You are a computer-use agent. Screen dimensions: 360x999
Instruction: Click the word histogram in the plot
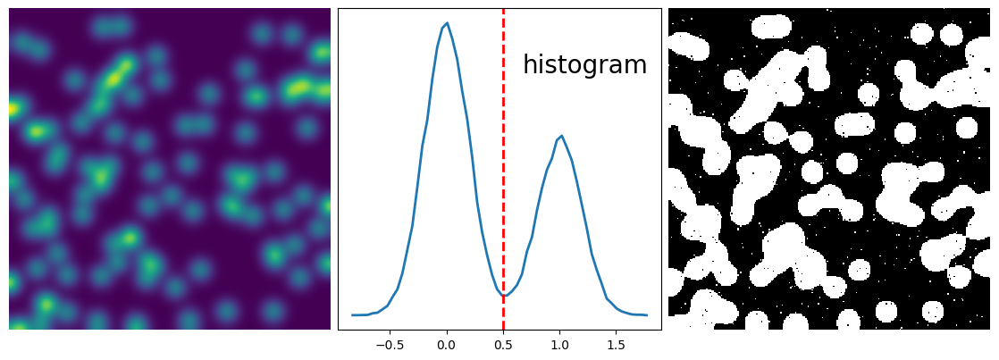[584, 65]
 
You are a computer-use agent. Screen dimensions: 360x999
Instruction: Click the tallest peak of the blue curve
[447, 24]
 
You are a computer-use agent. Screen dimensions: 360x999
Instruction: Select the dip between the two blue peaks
[504, 295]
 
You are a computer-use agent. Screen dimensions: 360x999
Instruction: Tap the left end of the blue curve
[353, 314]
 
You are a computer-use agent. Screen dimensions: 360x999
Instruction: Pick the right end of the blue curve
[646, 314]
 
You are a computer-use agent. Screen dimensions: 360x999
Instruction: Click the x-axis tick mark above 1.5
[617, 331]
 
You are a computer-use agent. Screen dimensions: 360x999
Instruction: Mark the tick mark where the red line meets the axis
[503, 331]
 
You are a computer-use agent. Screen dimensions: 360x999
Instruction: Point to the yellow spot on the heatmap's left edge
[13, 109]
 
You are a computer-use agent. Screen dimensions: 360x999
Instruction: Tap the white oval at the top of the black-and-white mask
[770, 26]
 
